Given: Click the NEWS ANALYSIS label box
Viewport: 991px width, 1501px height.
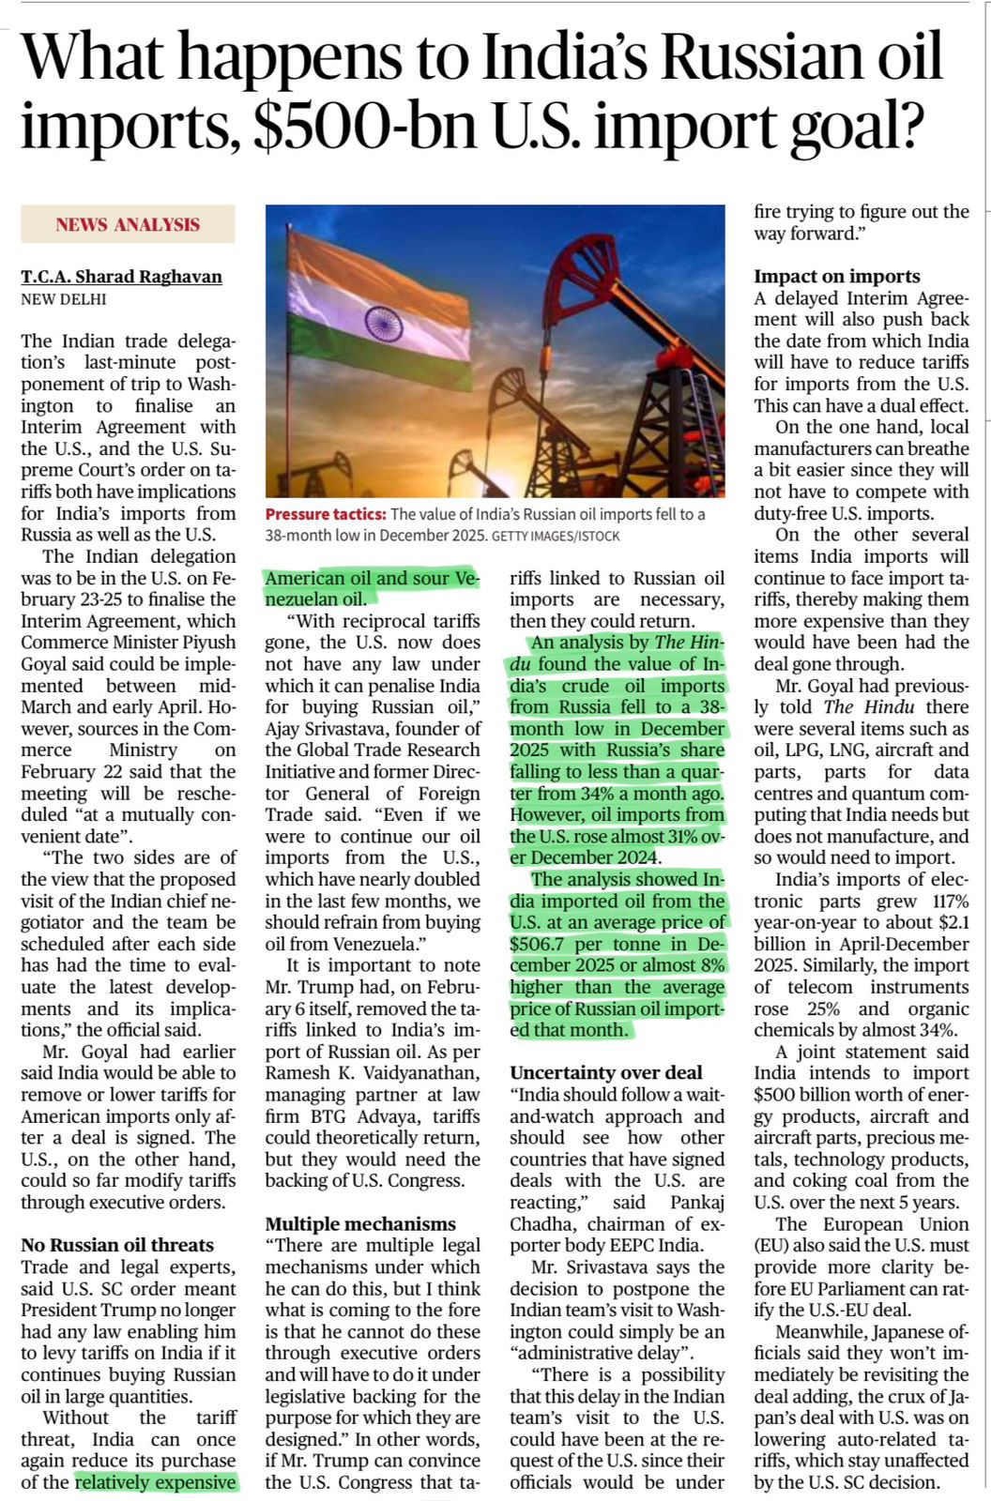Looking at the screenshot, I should pyautogui.click(x=128, y=224).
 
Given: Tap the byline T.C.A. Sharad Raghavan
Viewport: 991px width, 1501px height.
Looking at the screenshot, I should pyautogui.click(x=122, y=277).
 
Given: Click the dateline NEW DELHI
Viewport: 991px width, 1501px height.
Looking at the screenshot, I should pyautogui.click(x=64, y=299).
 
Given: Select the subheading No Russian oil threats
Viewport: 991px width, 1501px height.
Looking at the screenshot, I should pyautogui.click(x=117, y=1245).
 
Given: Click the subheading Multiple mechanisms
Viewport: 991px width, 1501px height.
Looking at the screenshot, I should pyautogui.click(x=360, y=1223).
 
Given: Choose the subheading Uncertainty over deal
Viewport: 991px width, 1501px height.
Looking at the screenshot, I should pyautogui.click(x=606, y=1072).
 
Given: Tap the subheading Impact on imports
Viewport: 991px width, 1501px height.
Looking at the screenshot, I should pyautogui.click(x=837, y=276).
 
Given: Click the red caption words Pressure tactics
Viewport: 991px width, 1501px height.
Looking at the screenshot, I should pyautogui.click(x=325, y=514).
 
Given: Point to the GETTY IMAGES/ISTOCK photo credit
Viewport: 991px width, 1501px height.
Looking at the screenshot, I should pyautogui.click(x=556, y=536).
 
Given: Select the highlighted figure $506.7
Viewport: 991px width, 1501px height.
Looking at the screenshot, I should pyautogui.click(x=540, y=944).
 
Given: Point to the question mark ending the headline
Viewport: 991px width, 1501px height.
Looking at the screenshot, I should pyautogui.click(x=906, y=127).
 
